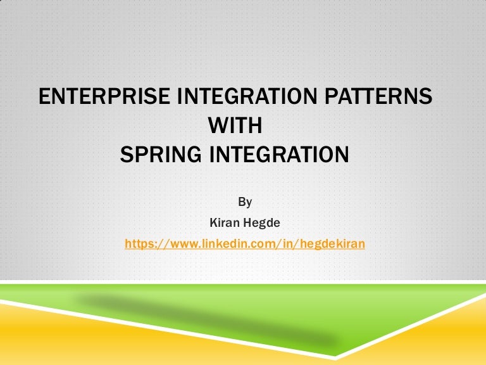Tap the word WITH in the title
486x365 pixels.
(x=235, y=125)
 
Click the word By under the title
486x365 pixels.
(x=245, y=202)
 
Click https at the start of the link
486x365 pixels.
(x=140, y=243)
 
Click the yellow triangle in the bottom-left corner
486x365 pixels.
(x=38, y=336)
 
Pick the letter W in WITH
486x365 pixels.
(x=216, y=125)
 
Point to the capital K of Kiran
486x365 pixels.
(x=212, y=223)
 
